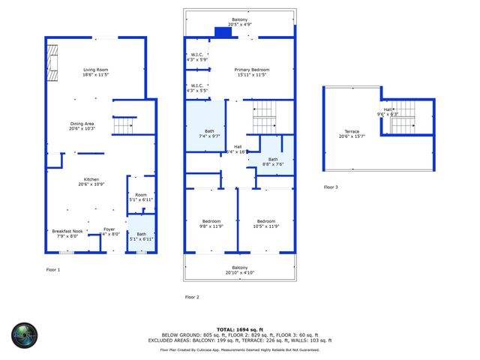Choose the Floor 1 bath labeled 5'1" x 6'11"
coord(141,236)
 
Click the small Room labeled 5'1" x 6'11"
coord(141,197)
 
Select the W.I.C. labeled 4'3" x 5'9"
coord(196,56)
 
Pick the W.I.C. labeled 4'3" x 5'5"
coord(196,88)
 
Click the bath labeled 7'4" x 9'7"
coord(205,133)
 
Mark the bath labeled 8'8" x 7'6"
coord(273,161)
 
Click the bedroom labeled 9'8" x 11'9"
coord(211,224)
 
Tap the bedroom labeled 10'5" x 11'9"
coord(266,224)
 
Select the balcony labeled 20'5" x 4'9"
coord(240,23)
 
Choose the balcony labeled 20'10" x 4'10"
coord(240,271)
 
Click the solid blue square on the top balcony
coord(223,31)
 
